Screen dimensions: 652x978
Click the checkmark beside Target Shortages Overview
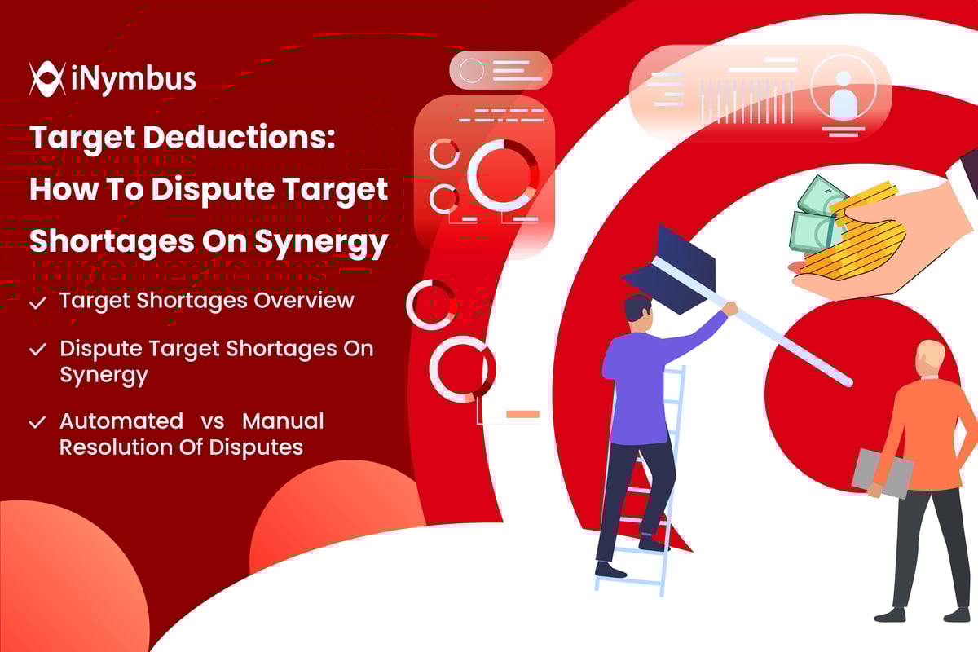point(37,302)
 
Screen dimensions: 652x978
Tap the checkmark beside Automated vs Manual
point(37,422)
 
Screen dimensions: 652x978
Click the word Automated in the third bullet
point(121,421)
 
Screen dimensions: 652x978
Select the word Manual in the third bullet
point(283,421)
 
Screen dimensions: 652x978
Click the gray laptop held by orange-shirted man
point(882,473)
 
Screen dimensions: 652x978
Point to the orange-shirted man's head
point(929,359)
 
